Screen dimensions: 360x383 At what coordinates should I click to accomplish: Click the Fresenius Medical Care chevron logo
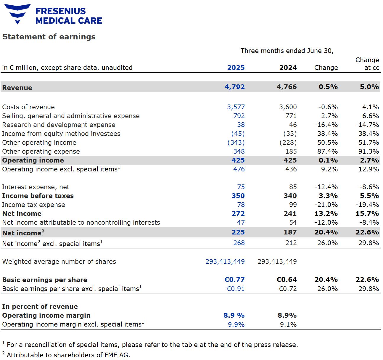[x=18, y=13]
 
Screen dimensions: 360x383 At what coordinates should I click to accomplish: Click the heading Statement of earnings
[x=49, y=37]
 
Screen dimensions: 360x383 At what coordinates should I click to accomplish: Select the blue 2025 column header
[x=236, y=67]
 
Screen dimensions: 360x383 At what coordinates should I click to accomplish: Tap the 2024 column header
[x=288, y=67]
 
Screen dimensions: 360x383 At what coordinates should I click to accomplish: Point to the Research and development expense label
[x=59, y=125]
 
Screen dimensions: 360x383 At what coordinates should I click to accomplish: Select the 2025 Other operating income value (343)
[x=236, y=142]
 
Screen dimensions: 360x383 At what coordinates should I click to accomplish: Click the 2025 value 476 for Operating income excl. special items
[x=239, y=169]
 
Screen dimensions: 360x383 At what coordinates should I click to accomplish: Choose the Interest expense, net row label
[x=36, y=187]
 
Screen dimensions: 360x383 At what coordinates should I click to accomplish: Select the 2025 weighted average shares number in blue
[x=225, y=261]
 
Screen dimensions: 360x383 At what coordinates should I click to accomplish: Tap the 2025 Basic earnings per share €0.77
[x=234, y=279]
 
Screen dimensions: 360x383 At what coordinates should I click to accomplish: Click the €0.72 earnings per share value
[x=287, y=289]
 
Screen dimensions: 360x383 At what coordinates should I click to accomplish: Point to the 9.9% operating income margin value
[x=236, y=324]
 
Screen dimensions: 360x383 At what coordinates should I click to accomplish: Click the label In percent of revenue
[x=40, y=306]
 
